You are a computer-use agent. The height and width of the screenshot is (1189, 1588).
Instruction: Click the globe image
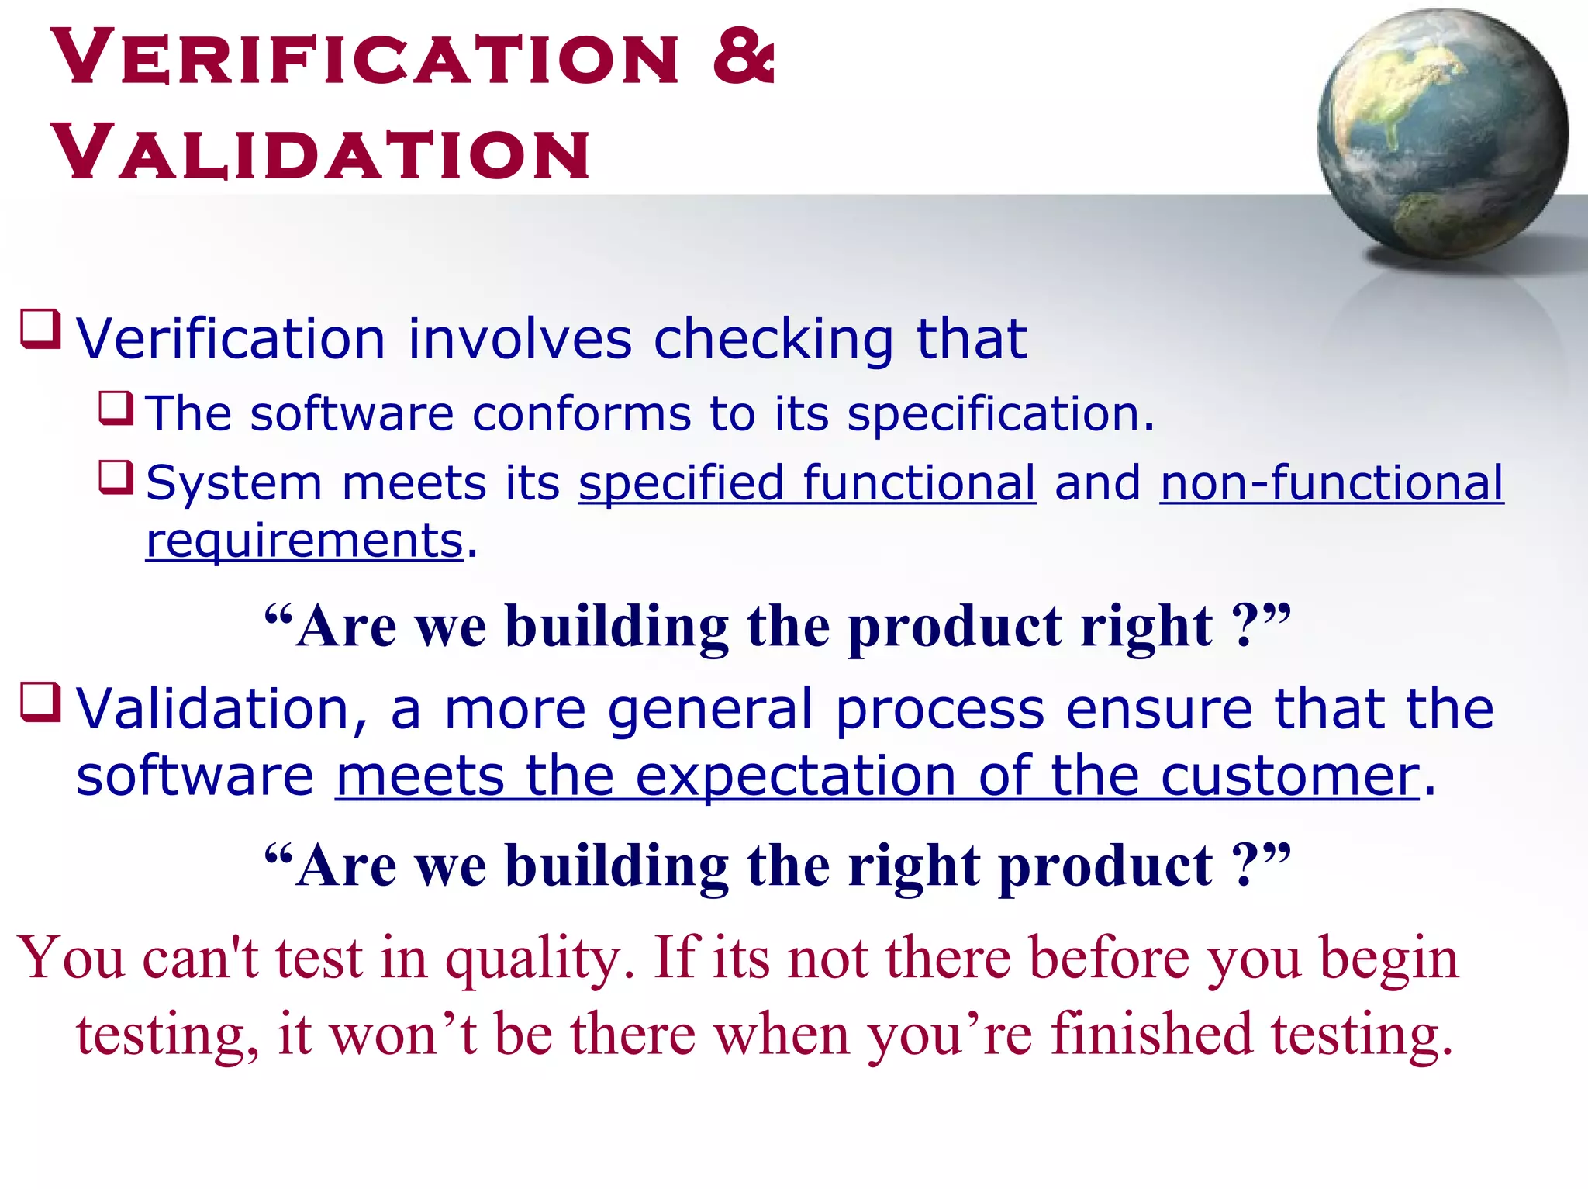click(x=1442, y=133)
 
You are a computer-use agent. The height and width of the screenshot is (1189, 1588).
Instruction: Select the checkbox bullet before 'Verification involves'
click(x=40, y=329)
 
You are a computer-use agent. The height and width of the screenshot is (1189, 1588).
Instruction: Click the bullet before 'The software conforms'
click(x=116, y=407)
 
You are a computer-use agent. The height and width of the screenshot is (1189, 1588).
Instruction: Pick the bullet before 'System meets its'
click(x=116, y=477)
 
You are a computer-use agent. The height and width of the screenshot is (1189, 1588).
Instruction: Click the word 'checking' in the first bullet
click(x=774, y=340)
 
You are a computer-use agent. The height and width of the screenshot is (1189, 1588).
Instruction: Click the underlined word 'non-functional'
click(x=1331, y=483)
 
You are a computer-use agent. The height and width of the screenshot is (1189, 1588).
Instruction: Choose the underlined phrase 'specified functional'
click(x=806, y=483)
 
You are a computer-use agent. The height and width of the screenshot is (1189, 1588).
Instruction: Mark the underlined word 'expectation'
click(x=796, y=776)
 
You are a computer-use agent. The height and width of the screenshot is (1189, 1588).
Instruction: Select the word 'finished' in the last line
click(x=1151, y=1034)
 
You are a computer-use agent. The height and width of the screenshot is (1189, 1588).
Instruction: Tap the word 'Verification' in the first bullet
click(x=230, y=340)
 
